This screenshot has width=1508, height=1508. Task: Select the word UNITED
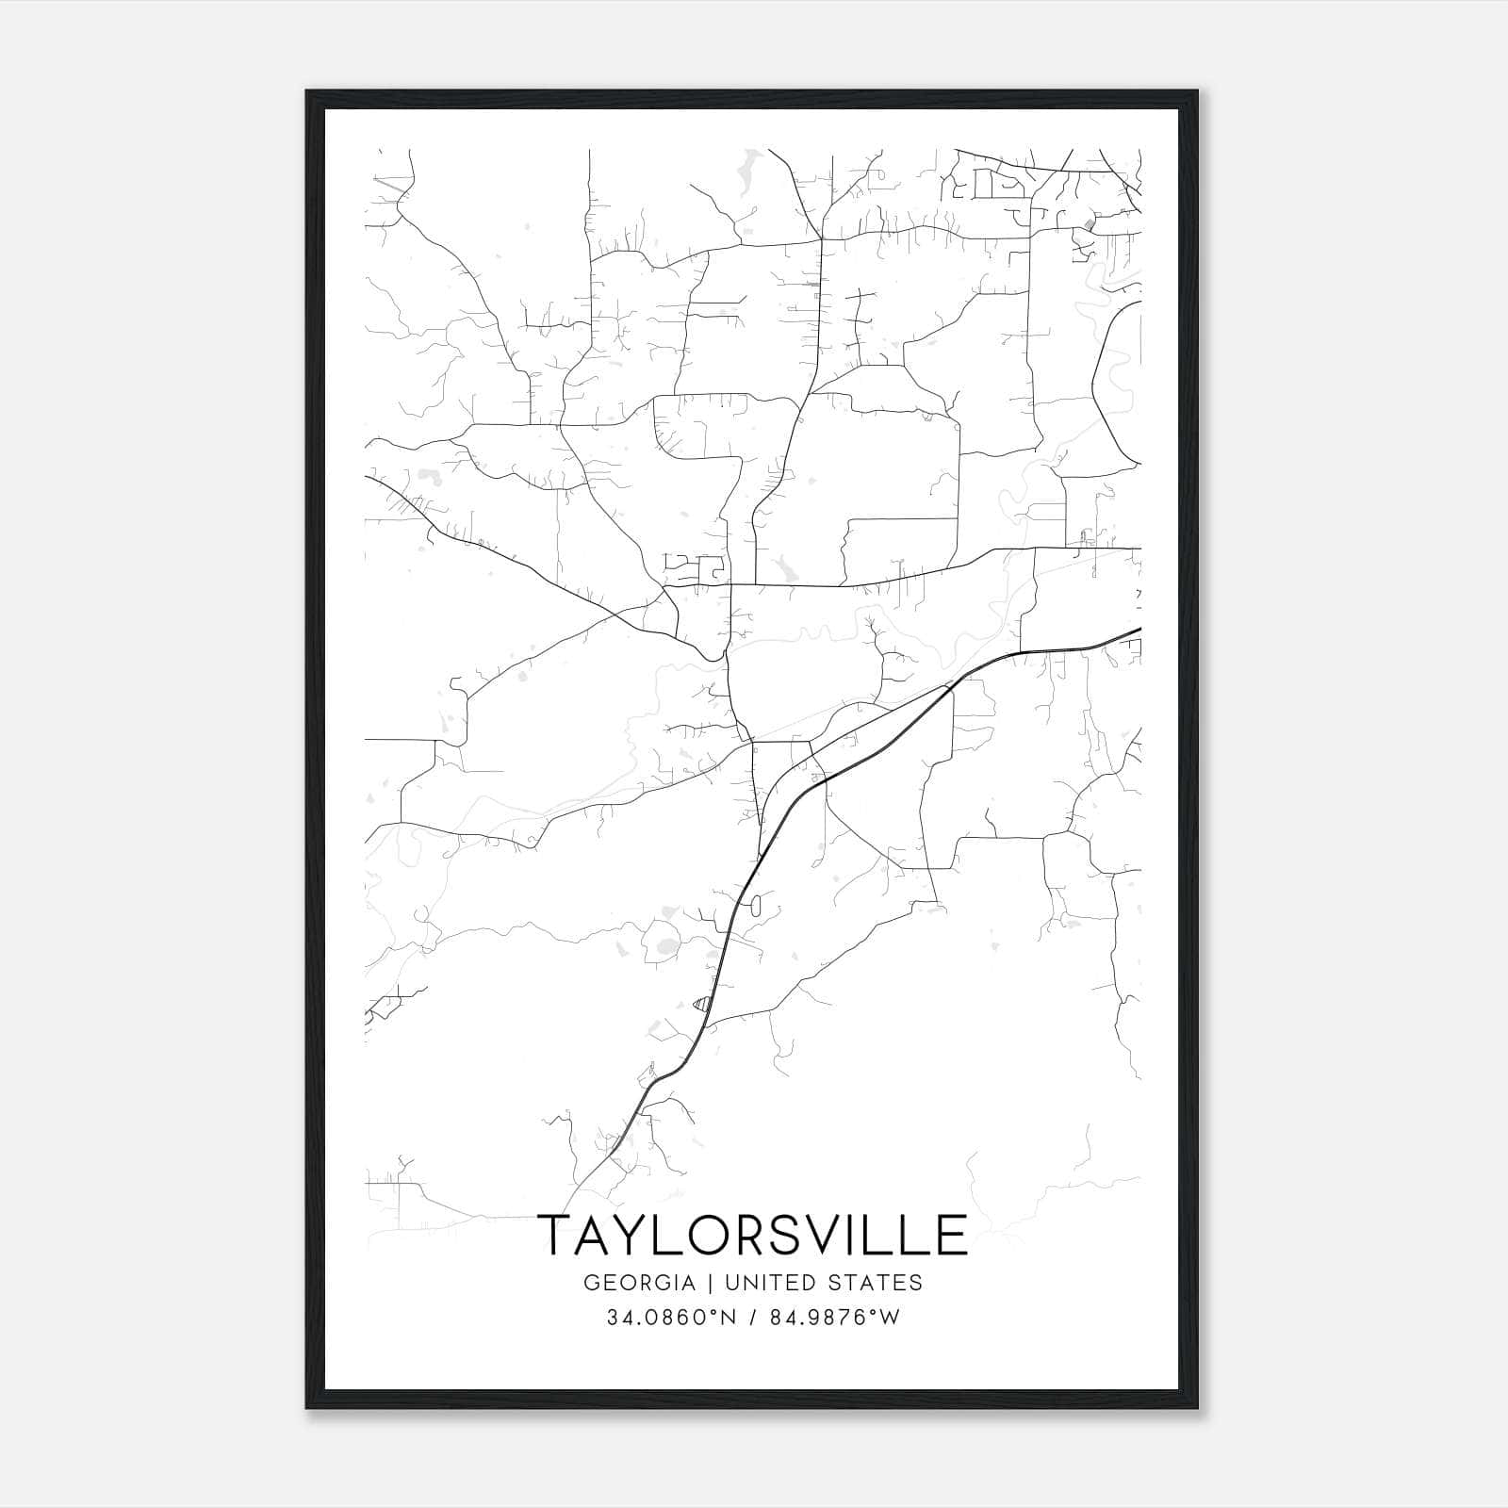762,1283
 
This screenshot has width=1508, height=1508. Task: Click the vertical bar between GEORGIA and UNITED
711,1283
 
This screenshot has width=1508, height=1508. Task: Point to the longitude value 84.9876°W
835,1318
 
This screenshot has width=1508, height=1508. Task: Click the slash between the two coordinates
752,1318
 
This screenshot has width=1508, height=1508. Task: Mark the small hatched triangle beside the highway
700,1004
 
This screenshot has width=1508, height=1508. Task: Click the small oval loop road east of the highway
755,907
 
